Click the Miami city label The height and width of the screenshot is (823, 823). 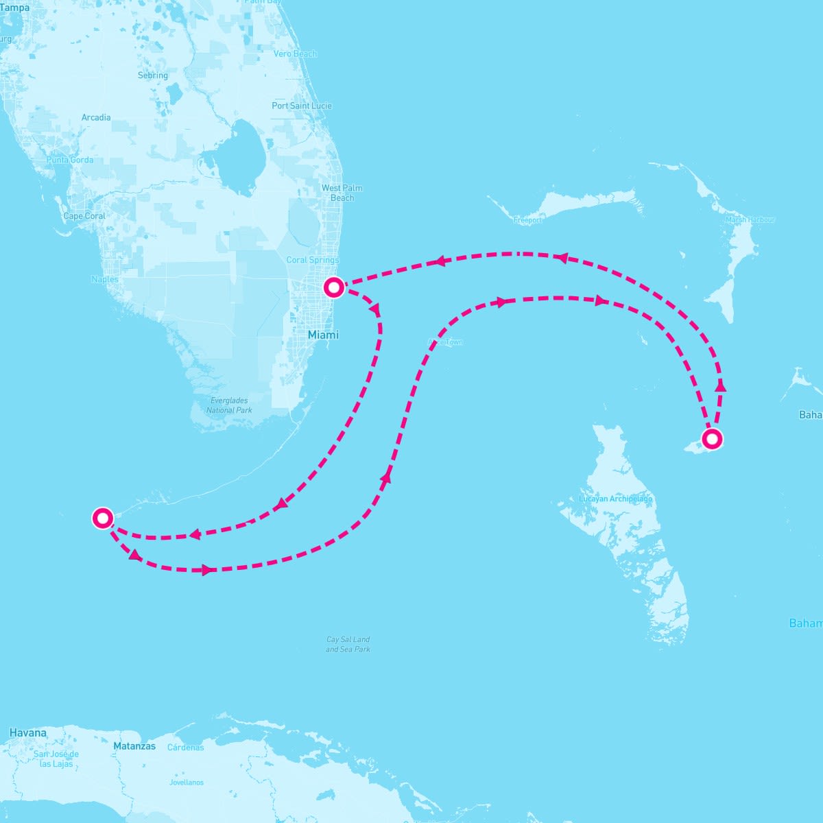[x=323, y=335]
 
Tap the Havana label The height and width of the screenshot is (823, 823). [x=28, y=732]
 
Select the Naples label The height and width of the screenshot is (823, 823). [x=105, y=279]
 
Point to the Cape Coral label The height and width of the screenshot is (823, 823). [x=84, y=216]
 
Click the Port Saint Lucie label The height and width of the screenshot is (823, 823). [x=302, y=106]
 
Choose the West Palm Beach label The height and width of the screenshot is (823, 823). [x=342, y=193]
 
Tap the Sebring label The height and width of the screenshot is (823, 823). [x=152, y=75]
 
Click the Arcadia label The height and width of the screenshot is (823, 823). [x=96, y=117]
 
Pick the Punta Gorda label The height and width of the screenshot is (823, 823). [x=70, y=160]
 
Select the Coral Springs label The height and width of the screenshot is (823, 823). [x=313, y=260]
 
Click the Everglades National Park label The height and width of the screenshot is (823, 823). [x=229, y=405]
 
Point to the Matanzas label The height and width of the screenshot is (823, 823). [x=134, y=746]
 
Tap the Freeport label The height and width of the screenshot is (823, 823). [x=527, y=220]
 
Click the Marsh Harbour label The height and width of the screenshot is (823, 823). [x=750, y=219]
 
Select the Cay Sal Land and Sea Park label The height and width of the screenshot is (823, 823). [x=348, y=644]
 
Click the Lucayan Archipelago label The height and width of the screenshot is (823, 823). [x=616, y=499]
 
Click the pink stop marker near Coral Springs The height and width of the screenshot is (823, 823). [x=333, y=287]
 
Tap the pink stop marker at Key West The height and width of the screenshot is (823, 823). [x=103, y=518]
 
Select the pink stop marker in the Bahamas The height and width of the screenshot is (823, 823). [x=712, y=438]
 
